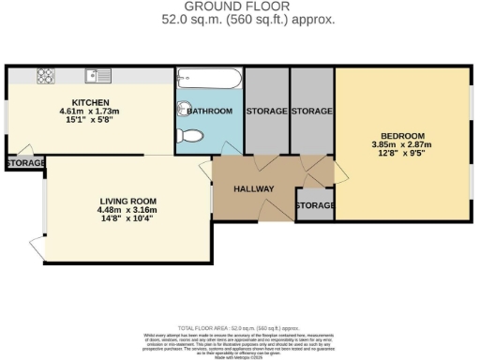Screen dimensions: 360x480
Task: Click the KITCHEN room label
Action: point(92,101)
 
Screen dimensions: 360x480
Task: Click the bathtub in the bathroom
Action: point(207,77)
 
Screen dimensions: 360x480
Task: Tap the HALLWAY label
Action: point(253,188)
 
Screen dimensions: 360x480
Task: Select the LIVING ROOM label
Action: point(127,201)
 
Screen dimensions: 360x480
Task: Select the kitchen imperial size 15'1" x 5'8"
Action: point(92,120)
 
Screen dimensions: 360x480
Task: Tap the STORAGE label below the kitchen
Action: point(24,164)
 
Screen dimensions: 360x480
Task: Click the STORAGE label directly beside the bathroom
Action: point(266,111)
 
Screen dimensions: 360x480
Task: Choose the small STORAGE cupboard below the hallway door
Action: point(314,204)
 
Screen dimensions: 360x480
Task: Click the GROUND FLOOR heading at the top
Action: point(240,6)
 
